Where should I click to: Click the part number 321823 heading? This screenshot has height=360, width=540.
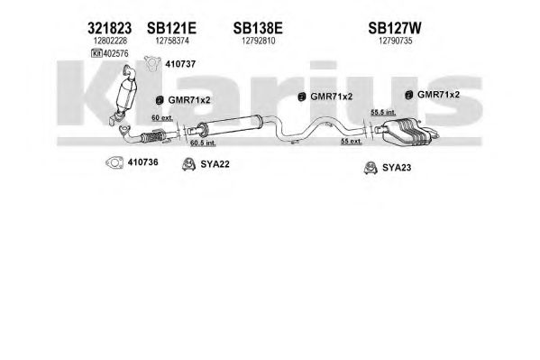[x=109, y=28]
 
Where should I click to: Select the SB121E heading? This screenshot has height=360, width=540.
[x=171, y=28]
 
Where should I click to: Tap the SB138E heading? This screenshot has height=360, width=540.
[x=258, y=28]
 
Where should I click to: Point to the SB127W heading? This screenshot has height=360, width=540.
[x=395, y=28]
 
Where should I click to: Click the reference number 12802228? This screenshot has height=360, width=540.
[x=110, y=41]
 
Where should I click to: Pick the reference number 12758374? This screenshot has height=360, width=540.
[x=172, y=41]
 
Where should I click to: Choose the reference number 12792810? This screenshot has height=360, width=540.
[x=259, y=41]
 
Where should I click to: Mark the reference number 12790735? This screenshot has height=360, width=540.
[x=396, y=41]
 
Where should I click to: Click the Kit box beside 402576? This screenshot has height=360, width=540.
[x=96, y=53]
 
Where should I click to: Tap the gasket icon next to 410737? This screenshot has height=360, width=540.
[x=152, y=64]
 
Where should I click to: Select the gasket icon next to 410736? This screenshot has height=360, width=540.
[x=114, y=162]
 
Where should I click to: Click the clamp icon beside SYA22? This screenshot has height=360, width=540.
[x=188, y=164]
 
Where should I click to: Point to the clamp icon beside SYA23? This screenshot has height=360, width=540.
[x=371, y=168]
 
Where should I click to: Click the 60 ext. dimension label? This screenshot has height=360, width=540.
[x=162, y=118]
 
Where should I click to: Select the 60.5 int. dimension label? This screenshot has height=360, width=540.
[x=203, y=143]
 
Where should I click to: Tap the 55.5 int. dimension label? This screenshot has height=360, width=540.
[x=383, y=112]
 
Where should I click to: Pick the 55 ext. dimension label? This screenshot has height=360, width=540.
[x=352, y=141]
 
